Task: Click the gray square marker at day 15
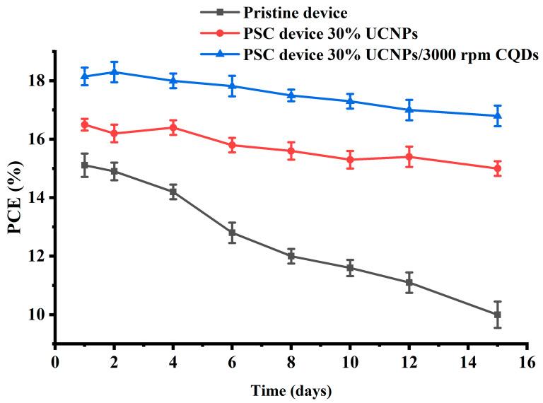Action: (x=497, y=315)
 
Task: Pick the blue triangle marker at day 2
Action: (x=114, y=71)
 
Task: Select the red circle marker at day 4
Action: (x=173, y=127)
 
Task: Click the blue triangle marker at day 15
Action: (x=497, y=115)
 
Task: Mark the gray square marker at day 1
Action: (x=85, y=165)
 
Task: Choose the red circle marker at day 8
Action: (x=291, y=151)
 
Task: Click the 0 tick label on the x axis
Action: (x=55, y=359)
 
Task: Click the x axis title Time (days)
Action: (x=290, y=390)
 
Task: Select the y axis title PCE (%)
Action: (x=14, y=197)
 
